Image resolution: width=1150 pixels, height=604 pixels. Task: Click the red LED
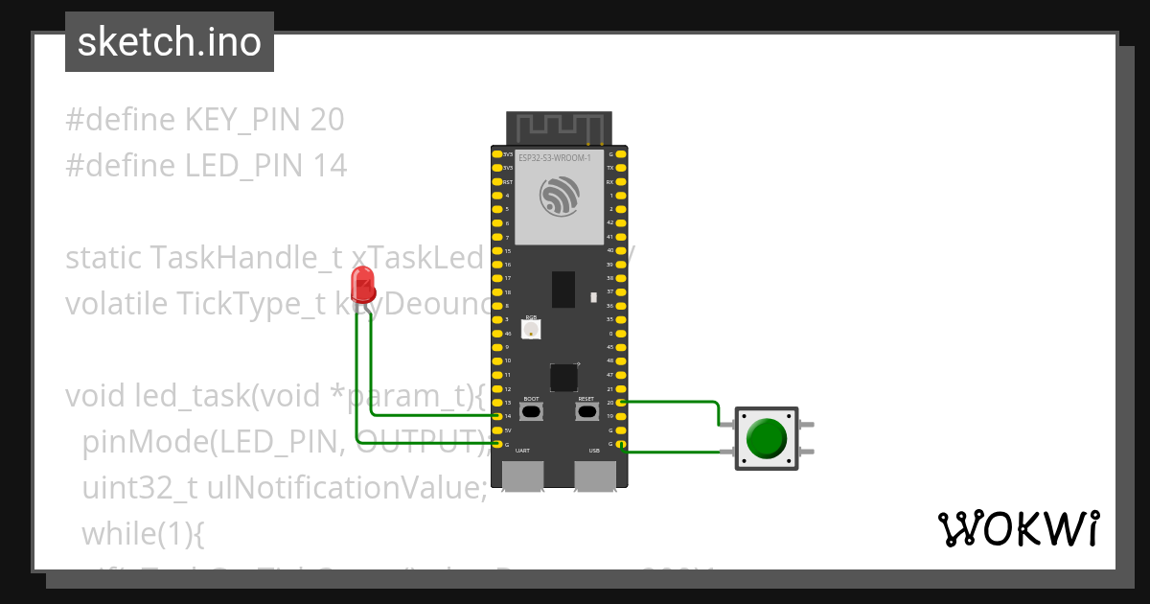(x=362, y=285)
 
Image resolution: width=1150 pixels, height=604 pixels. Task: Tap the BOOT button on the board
(x=531, y=411)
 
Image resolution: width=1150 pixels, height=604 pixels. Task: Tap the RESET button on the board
(x=586, y=411)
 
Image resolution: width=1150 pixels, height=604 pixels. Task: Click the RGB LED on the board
(x=531, y=329)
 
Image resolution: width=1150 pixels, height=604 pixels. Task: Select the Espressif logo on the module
(x=560, y=197)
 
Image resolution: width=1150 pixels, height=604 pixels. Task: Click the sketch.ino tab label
(x=170, y=42)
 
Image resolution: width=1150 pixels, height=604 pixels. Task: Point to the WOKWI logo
(x=1017, y=528)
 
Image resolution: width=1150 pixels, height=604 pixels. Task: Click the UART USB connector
(x=523, y=475)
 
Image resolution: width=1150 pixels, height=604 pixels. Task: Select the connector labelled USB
(x=595, y=475)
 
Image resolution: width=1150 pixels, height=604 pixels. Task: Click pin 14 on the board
(x=497, y=416)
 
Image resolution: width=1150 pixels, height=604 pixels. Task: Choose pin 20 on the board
(x=621, y=403)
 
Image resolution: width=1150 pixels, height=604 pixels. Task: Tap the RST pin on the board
(x=497, y=181)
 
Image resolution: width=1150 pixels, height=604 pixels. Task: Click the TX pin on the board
(x=621, y=168)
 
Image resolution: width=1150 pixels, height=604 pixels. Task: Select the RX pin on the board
(x=621, y=181)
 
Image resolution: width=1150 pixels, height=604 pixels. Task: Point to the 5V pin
(x=497, y=430)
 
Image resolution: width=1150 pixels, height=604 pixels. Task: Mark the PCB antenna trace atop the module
(x=560, y=126)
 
